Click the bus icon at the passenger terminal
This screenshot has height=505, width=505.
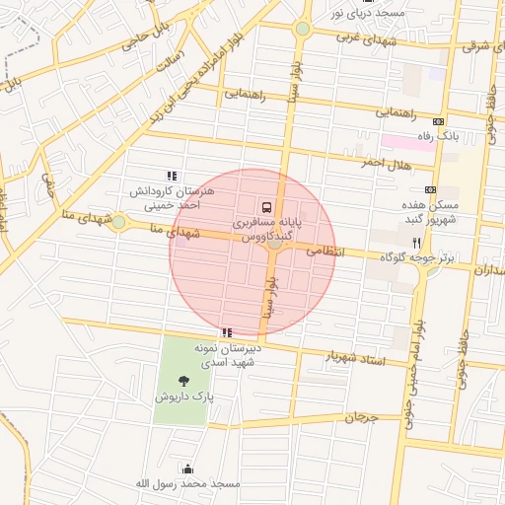[267, 207]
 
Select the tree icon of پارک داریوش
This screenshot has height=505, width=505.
[183, 380]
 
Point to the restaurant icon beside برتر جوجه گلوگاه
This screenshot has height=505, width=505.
[416, 242]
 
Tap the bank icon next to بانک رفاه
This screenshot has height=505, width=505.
[438, 121]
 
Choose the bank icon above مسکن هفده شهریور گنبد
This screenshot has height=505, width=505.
[430, 188]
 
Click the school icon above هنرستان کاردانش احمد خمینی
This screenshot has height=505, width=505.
[173, 176]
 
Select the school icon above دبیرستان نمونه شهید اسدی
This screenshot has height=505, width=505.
[228, 332]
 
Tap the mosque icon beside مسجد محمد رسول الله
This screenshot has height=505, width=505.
[188, 469]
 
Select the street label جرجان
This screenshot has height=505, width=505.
[362, 418]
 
